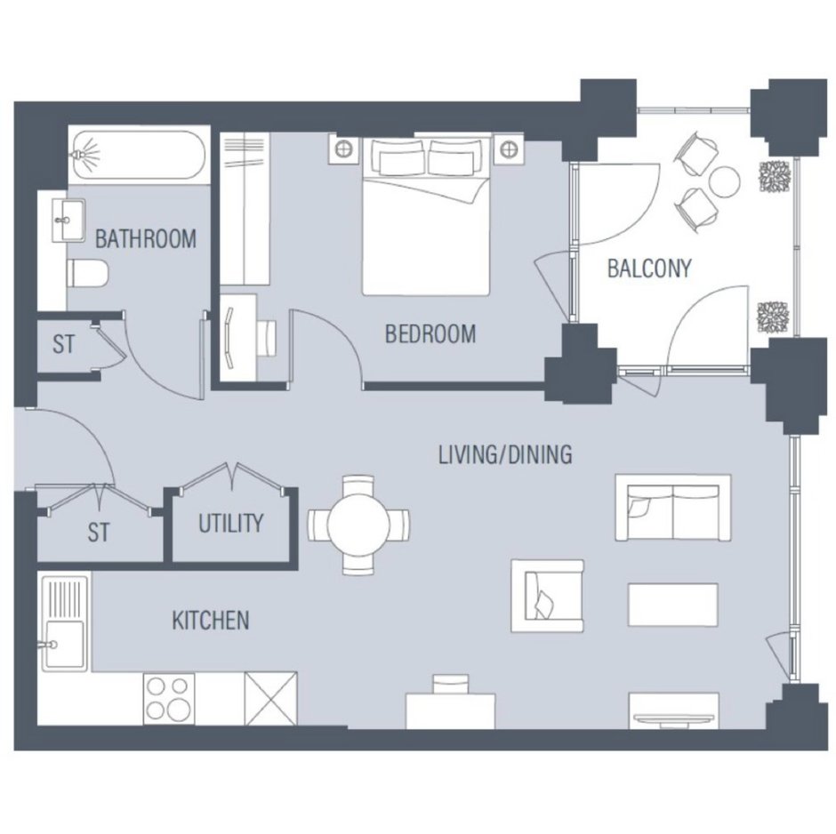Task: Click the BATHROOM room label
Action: pyautogui.click(x=146, y=239)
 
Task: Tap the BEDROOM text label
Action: pyautogui.click(x=430, y=334)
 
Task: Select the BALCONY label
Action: pyautogui.click(x=649, y=268)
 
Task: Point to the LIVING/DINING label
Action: pyautogui.click(x=505, y=454)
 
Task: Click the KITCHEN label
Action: pyautogui.click(x=211, y=621)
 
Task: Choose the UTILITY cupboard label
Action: pyautogui.click(x=231, y=524)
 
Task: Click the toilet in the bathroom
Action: pyautogui.click(x=87, y=273)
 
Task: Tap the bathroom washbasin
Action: pyautogui.click(x=68, y=220)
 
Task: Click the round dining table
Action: pyautogui.click(x=358, y=525)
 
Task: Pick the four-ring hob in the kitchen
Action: pyautogui.click(x=168, y=698)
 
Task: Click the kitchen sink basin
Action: pyautogui.click(x=64, y=645)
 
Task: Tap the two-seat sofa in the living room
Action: pyautogui.click(x=673, y=508)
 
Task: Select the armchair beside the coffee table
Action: pyautogui.click(x=548, y=596)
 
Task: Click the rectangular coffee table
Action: pyautogui.click(x=673, y=605)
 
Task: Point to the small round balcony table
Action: pyautogui.click(x=725, y=181)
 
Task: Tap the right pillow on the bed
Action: pyautogui.click(x=452, y=156)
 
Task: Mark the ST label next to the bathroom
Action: pyautogui.click(x=63, y=344)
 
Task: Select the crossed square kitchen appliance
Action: pyautogui.click(x=271, y=698)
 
